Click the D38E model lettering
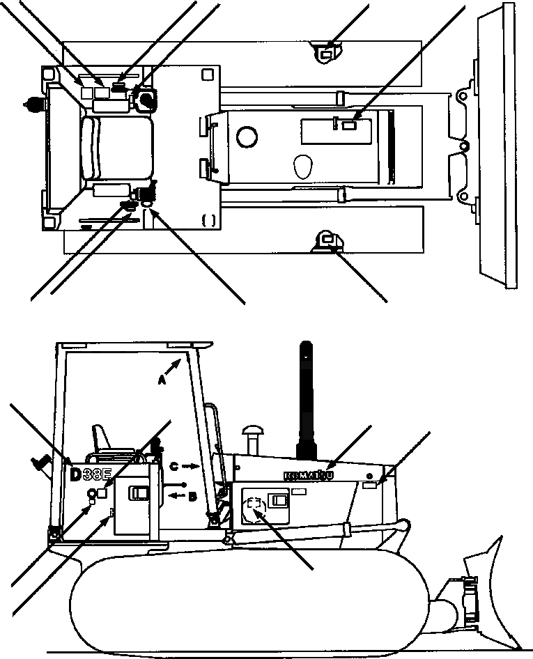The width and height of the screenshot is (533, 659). click(91, 476)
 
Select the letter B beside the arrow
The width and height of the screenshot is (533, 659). click(192, 495)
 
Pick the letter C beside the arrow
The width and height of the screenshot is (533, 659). click(176, 465)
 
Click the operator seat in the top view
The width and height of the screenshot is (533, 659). click(116, 147)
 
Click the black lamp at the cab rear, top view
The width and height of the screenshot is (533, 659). click(31, 104)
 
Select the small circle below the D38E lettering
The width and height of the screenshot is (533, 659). click(91, 494)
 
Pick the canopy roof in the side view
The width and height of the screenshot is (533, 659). click(133, 345)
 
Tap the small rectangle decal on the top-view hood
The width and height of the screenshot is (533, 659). click(349, 125)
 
